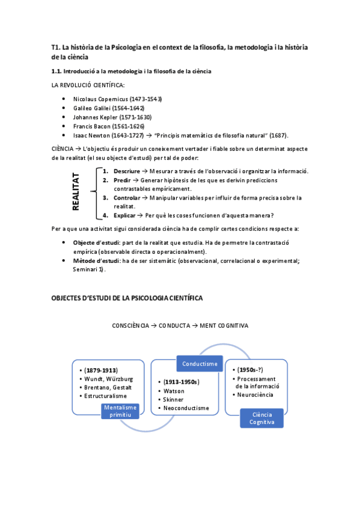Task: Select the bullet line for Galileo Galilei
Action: click(108, 108)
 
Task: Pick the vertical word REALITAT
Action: click(76, 192)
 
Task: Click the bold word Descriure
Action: click(127, 171)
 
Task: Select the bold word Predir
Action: click(122, 180)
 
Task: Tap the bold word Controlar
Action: click(128, 197)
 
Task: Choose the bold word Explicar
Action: click(125, 215)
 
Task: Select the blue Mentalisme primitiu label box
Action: click(120, 411)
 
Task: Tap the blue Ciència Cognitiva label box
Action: click(262, 418)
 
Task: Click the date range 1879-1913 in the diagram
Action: click(101, 370)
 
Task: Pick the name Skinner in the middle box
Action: click(174, 399)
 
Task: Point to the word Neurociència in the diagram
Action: click(255, 395)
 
